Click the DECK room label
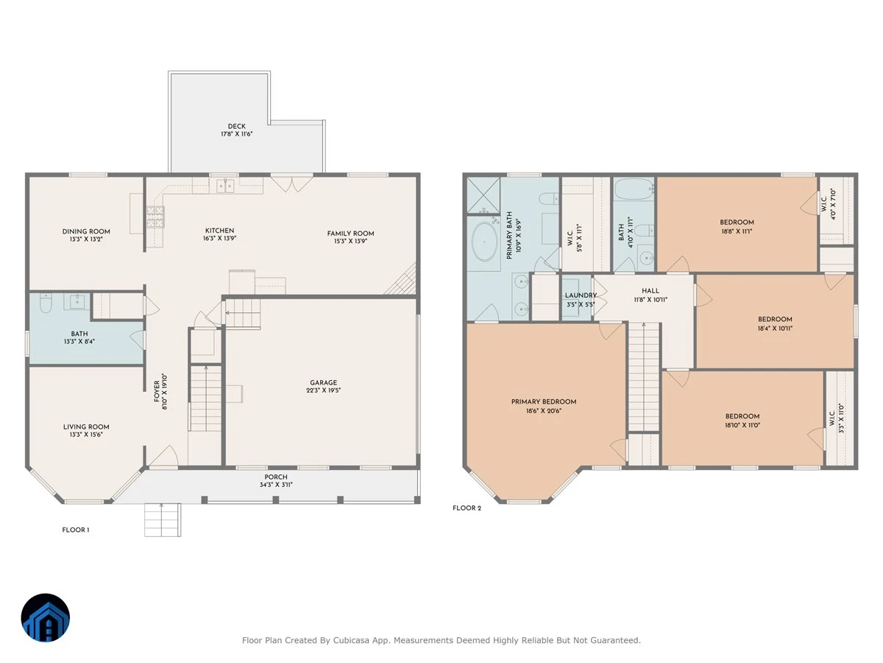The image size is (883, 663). tap(236, 127)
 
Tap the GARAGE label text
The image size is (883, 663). tap(324, 382)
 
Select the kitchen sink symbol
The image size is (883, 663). tap(225, 186)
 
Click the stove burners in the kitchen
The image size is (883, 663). tap(155, 217)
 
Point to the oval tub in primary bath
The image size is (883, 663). tap(484, 242)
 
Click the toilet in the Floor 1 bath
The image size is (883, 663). tap(46, 303)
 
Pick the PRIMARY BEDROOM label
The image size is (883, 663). tap(544, 401)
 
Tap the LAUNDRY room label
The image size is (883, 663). tap(581, 295)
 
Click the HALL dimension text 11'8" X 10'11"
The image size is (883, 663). tap(650, 300)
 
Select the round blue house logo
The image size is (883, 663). tap(46, 617)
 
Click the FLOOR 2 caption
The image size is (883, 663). tap(467, 508)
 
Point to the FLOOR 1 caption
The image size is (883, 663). tap(76, 530)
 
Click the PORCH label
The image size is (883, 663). tap(276, 477)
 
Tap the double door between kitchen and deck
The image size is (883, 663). tap(291, 183)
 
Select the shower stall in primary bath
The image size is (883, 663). tap(483, 195)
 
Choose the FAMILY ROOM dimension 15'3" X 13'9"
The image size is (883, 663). tap(350, 242)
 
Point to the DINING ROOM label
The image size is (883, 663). tap(86, 231)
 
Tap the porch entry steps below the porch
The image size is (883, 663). tap(163, 519)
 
